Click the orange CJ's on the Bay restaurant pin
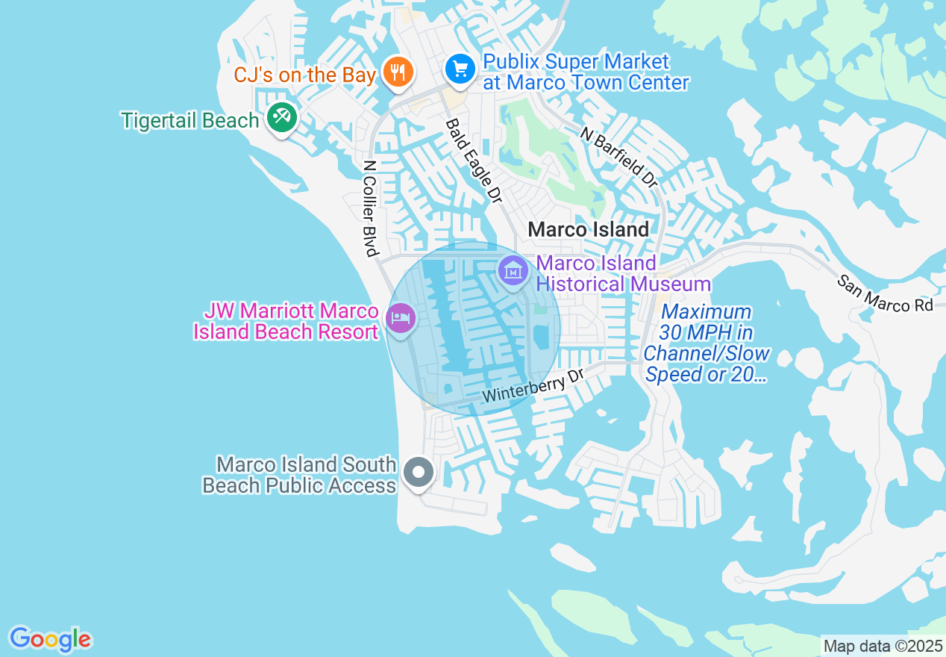[398, 72]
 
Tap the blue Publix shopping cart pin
[461, 69]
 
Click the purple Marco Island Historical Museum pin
[513, 270]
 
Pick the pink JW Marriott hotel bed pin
[401, 318]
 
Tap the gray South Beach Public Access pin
[419, 472]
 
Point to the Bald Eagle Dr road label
[474, 161]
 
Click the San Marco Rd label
[885, 294]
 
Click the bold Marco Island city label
[588, 229]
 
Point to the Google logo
[50, 639]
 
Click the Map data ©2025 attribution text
[883, 646]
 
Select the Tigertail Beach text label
[191, 120]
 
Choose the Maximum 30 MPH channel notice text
[706, 343]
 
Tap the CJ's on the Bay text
[304, 75]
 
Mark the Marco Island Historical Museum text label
[623, 273]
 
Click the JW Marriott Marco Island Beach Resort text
[286, 321]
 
